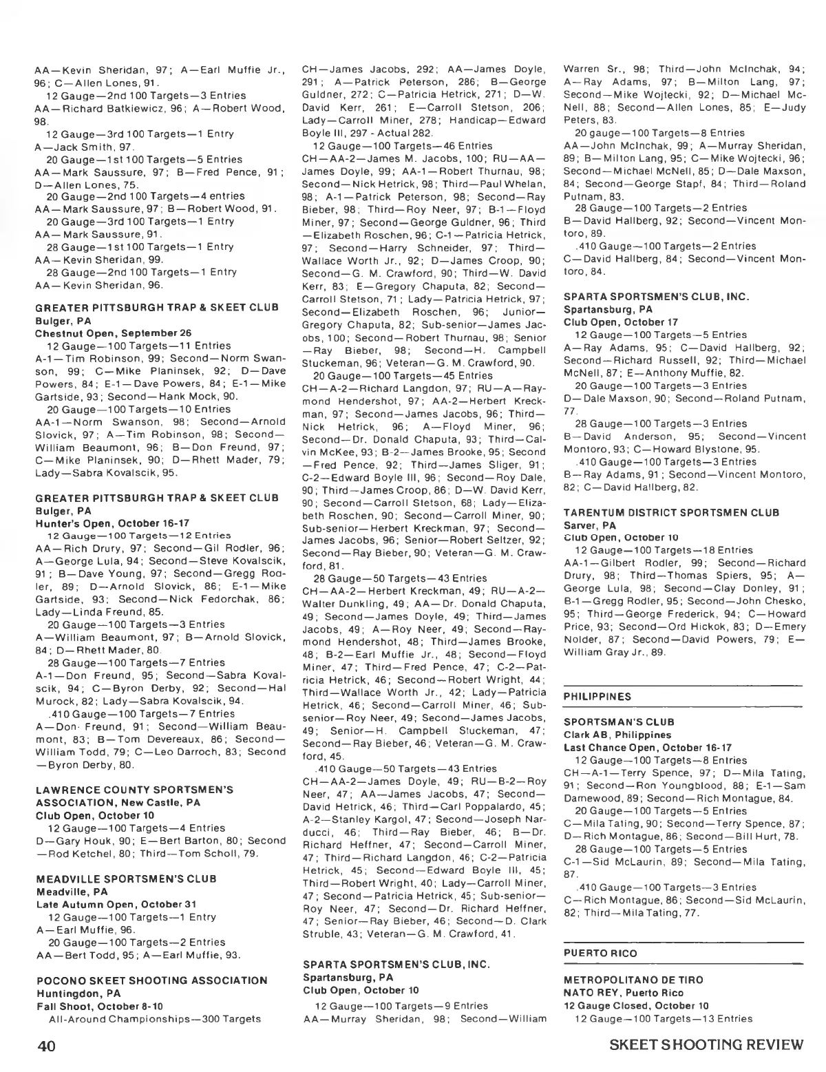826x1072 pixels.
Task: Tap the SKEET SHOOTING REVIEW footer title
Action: click(x=707, y=1044)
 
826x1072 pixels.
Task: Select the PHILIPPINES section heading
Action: click(x=597, y=696)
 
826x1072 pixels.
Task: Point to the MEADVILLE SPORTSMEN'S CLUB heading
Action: click(x=126, y=879)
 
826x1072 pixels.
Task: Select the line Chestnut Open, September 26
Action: click(x=103, y=333)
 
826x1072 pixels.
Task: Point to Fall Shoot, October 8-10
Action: click(x=99, y=1006)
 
